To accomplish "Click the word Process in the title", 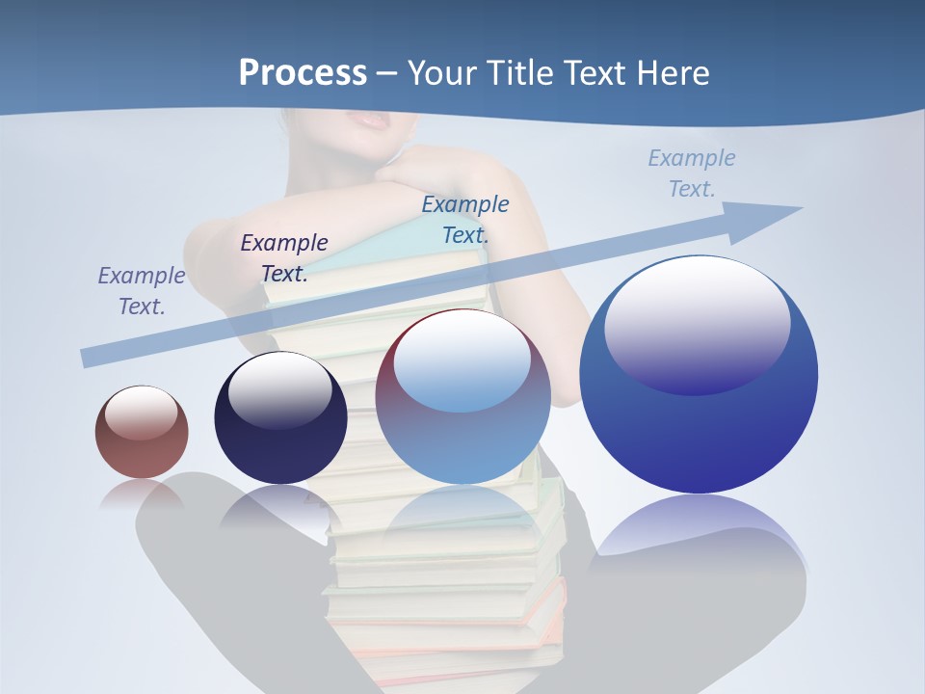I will [x=303, y=72].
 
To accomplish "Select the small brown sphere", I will [x=142, y=432].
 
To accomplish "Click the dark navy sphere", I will [x=280, y=418].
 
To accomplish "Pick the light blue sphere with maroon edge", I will [x=462, y=397].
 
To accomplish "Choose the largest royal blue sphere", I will [x=699, y=375].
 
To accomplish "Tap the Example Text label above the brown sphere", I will [x=142, y=291].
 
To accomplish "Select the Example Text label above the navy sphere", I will [x=284, y=258].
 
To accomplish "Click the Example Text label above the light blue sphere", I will [x=465, y=219].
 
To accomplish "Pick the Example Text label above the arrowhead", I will [x=692, y=173].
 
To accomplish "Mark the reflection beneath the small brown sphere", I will [x=141, y=494].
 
